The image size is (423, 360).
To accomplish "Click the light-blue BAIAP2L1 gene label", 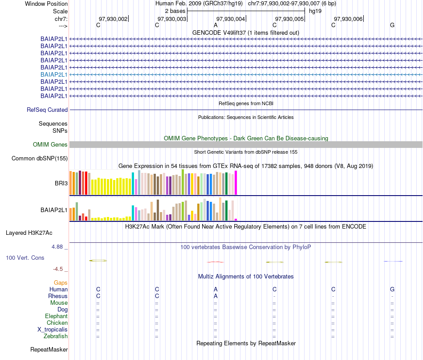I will (x=54, y=74).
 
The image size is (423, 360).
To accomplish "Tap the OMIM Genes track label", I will (x=50, y=144).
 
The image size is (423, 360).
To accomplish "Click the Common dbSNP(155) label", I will (x=40, y=158).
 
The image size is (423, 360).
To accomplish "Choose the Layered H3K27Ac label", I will (x=29, y=233).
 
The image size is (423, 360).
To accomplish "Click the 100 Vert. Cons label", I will (x=25, y=258).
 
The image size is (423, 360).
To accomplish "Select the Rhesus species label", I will (x=58, y=296).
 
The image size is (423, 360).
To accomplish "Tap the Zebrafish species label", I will (x=56, y=336).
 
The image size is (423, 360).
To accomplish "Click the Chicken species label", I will (x=57, y=323).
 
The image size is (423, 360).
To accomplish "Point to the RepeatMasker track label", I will (x=49, y=349).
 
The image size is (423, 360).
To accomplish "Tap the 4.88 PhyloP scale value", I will (x=60, y=246).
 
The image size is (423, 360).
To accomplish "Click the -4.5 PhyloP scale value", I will (x=60, y=269).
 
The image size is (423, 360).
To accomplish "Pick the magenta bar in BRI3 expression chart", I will (x=236, y=183).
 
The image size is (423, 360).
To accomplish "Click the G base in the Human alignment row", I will (x=392, y=289).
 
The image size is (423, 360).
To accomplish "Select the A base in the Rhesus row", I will (x=216, y=296).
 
